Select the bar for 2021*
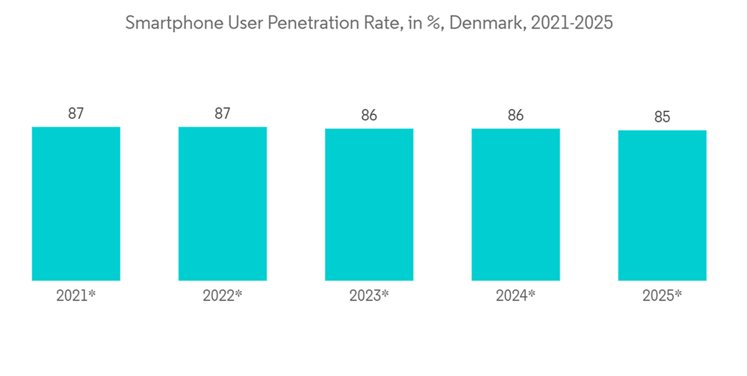coord(75,204)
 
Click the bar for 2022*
coord(222,204)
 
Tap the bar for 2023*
coord(369,204)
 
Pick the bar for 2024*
coord(515,204)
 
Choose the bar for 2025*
coord(662,205)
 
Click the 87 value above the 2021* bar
coord(75,113)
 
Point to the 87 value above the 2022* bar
coord(222,113)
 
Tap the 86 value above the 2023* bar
coord(369,115)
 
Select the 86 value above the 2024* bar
coord(515,115)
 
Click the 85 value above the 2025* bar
coord(662,117)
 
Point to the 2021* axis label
coord(75,295)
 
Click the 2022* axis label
coord(222,295)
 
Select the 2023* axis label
coord(369,295)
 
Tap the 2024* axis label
coord(515,295)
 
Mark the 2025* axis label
coord(662,295)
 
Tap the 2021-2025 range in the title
coord(572,23)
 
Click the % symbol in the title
coord(433,23)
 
